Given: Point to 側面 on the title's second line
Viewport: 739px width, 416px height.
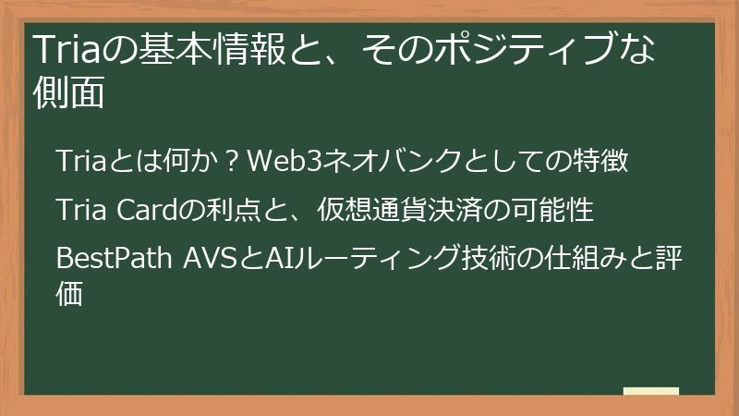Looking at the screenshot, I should pos(67,94).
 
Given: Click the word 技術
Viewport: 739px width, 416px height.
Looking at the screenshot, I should pos(487,260).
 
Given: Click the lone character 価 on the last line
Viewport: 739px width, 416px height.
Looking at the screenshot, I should pos(71,293).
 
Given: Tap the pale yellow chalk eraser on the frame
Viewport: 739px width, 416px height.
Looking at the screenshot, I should pos(651,392).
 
